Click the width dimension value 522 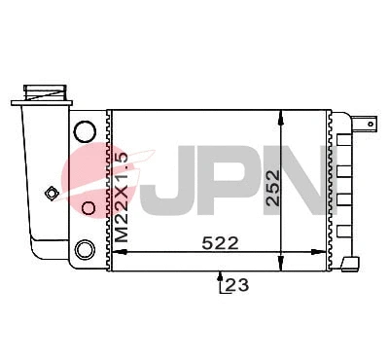click(x=220, y=242)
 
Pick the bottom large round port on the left click(x=85, y=248)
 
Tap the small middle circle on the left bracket click(x=88, y=207)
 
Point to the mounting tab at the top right click(x=366, y=124)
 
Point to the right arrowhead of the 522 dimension click(x=329, y=252)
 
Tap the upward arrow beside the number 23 click(x=218, y=281)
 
